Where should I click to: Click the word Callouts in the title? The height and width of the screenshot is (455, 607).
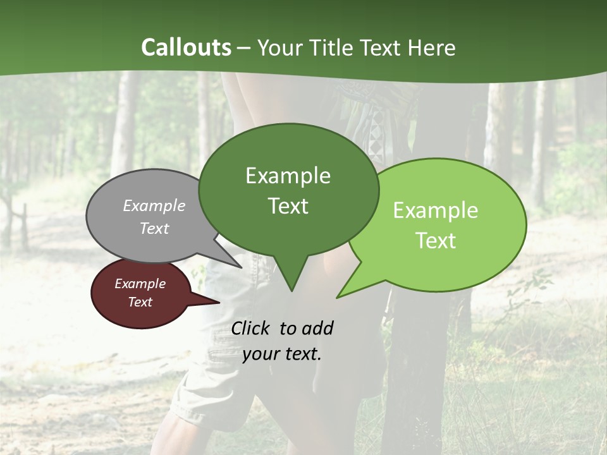(x=186, y=47)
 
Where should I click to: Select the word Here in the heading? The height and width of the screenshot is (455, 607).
(x=431, y=47)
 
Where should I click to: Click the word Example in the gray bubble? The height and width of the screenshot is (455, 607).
(x=154, y=205)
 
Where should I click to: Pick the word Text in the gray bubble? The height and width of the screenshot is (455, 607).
(x=154, y=228)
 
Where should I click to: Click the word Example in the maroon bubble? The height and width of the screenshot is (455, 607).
(x=140, y=284)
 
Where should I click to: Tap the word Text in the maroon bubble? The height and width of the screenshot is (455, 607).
(x=140, y=302)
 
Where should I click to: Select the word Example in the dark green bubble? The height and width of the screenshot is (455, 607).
(x=288, y=176)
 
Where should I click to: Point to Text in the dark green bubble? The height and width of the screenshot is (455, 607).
(x=288, y=206)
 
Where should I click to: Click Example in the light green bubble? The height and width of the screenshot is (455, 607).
(x=436, y=210)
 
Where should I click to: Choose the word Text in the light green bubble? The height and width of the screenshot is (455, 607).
(x=436, y=241)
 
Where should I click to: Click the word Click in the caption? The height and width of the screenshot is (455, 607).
(x=252, y=328)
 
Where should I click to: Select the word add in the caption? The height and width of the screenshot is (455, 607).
(x=317, y=328)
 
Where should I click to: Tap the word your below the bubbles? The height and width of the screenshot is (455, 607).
(x=261, y=354)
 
